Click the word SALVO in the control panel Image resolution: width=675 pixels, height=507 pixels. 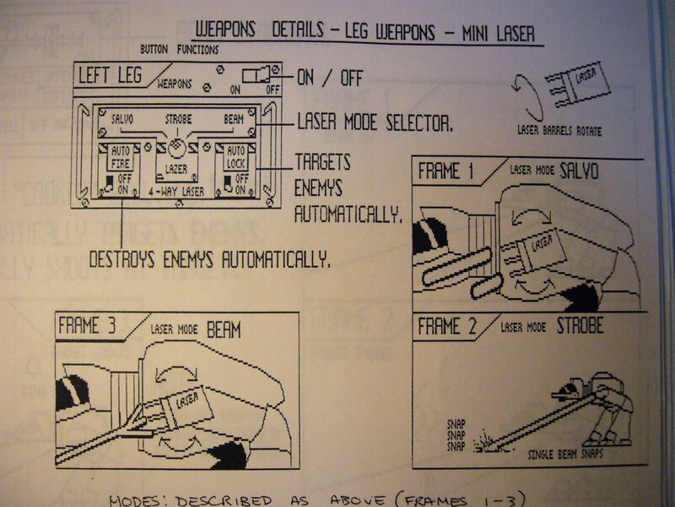coord(121,120)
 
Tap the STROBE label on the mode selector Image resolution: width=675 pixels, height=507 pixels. coord(176,120)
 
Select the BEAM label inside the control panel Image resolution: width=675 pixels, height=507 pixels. coord(234,120)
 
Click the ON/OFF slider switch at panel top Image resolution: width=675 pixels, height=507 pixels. coord(260,74)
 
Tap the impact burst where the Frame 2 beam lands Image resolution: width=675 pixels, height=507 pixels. coord(485,441)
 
